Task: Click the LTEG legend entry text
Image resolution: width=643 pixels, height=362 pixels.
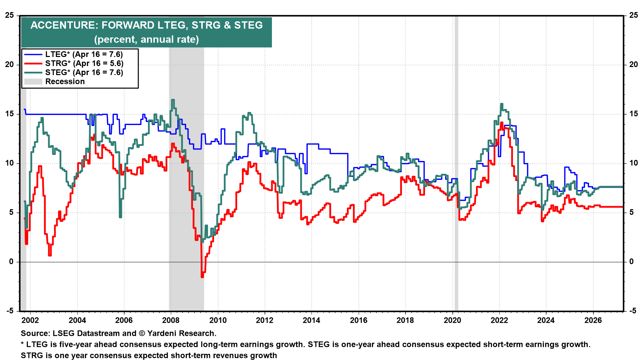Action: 84,54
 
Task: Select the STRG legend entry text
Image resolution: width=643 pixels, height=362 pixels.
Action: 84,63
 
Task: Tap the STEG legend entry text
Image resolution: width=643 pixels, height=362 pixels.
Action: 84,72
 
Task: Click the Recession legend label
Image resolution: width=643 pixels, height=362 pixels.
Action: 65,81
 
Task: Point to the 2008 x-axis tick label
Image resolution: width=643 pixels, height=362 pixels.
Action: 171,320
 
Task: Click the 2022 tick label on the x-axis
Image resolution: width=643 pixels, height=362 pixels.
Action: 499,320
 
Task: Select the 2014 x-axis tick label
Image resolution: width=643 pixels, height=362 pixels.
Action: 311,320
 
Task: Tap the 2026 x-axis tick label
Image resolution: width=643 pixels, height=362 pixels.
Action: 593,320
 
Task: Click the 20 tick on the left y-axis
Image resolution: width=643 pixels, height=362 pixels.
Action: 9,64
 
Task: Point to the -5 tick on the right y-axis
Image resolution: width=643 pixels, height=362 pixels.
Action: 632,311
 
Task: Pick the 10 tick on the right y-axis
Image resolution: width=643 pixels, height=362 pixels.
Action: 633,163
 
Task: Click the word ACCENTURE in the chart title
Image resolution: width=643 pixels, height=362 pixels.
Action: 63,25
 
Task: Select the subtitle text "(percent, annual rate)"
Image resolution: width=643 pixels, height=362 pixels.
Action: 146,39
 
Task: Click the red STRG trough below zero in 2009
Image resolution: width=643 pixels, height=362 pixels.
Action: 202,276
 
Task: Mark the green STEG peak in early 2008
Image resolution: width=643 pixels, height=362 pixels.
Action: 173,100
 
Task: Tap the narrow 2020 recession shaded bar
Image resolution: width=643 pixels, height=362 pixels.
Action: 456,168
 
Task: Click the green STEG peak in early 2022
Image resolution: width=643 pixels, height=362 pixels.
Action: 501,104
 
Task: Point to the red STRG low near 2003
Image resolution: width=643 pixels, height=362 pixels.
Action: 50,255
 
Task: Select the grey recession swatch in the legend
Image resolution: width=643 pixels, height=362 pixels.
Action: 33,81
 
